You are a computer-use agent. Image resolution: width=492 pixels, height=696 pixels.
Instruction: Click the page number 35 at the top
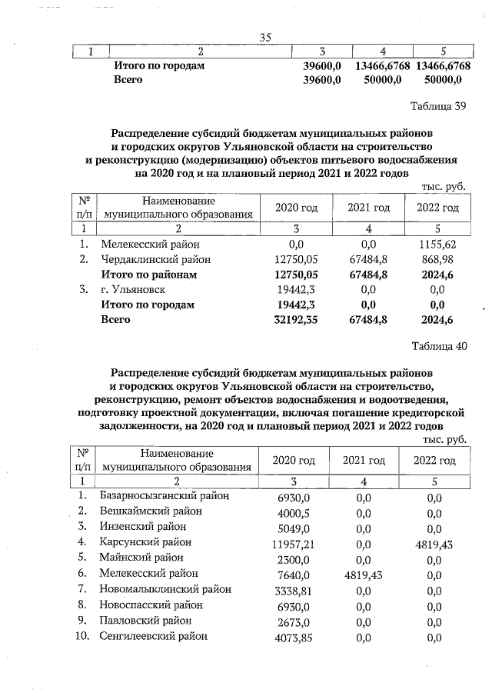(266, 38)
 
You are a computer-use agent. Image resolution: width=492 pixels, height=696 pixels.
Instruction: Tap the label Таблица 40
(439, 345)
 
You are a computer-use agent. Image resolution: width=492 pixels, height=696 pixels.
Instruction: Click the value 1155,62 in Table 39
(436, 244)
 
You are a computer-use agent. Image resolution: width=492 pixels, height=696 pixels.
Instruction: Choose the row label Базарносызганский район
(165, 496)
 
